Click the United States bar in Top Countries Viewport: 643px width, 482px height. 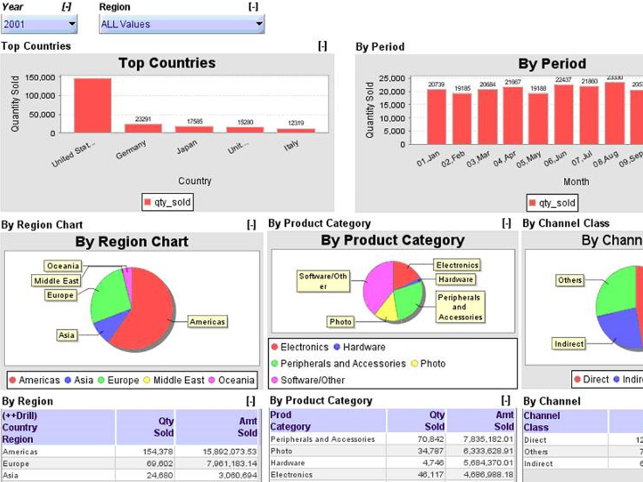[93, 105]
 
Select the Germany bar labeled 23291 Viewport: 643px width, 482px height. [143, 128]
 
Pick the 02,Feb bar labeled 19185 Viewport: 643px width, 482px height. [462, 119]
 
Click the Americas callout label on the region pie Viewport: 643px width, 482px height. [208, 321]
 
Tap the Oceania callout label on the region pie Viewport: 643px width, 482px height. [63, 265]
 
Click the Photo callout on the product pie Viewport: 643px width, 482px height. [340, 321]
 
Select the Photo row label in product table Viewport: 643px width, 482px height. [281, 451]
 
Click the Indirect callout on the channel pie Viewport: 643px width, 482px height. [568, 344]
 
